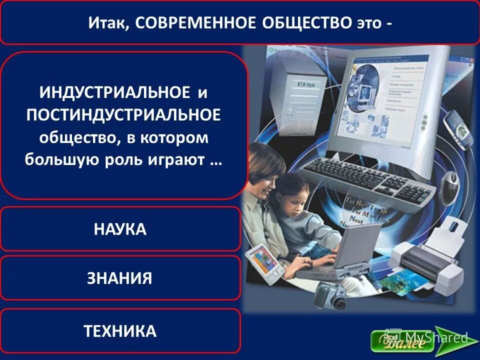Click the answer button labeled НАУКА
click(120, 229)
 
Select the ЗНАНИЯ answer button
click(120, 278)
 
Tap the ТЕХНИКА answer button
click(120, 330)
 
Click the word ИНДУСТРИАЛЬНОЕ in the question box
click(114, 92)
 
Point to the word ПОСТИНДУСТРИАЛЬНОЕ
click(123, 115)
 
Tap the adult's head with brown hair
click(259, 165)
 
